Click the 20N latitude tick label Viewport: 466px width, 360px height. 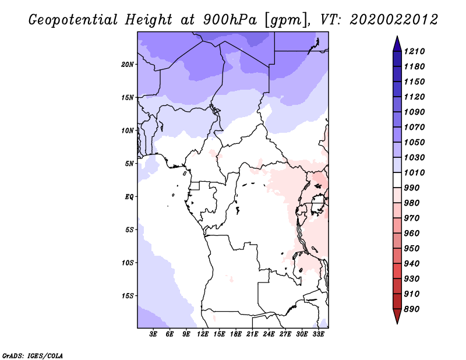coord(128,65)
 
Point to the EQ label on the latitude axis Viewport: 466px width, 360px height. coord(129,197)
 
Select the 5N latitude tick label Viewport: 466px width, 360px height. coord(129,164)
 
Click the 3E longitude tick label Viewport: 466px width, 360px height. coord(153,334)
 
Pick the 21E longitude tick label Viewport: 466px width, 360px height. coord(252,334)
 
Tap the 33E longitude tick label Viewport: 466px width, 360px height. coord(318,334)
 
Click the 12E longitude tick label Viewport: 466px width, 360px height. coord(202,334)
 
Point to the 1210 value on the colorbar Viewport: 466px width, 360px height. coord(414,51)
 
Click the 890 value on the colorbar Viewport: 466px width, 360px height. coord(412,309)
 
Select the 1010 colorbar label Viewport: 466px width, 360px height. coord(414,172)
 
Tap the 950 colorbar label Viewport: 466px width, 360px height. coord(412,249)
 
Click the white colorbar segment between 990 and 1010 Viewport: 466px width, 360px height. coord(397,180)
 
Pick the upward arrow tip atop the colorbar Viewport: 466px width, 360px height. coord(397,36)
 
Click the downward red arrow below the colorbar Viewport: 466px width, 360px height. coord(397,316)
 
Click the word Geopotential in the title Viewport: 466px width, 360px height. coord(73,20)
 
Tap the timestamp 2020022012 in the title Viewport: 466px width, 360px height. coord(394,20)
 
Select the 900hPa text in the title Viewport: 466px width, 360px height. coord(230,20)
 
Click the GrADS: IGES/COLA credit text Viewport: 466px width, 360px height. coord(33,356)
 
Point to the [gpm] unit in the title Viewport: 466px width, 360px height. coord(287,20)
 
